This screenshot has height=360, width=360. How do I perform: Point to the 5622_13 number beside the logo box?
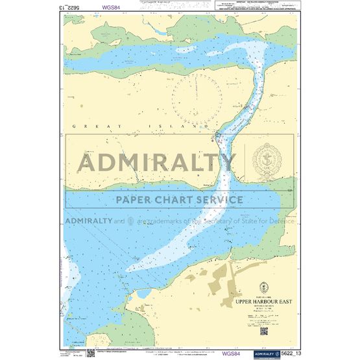284,353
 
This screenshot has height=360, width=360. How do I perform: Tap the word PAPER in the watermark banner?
136,199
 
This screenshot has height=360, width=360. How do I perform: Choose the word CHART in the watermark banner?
176,199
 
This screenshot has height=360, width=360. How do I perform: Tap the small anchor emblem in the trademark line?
130,221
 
